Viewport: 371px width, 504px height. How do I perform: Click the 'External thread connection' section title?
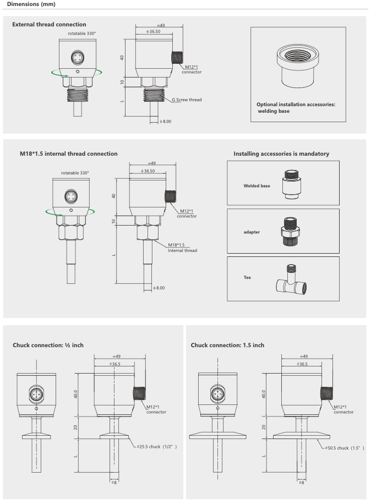pos(49,25)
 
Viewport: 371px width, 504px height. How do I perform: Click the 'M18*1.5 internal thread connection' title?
pos(68,154)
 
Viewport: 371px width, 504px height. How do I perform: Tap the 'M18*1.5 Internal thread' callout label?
pos(182,248)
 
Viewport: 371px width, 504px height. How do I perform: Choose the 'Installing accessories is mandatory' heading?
pos(281,154)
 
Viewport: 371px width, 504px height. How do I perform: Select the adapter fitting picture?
pos(291,231)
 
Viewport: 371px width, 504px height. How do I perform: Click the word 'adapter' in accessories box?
pos(252,232)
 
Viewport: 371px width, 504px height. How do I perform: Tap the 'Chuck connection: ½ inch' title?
pos(48,345)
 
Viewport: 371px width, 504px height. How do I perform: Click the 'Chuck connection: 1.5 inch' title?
pos(227,345)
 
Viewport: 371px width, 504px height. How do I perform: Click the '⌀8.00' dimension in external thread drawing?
pos(165,121)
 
